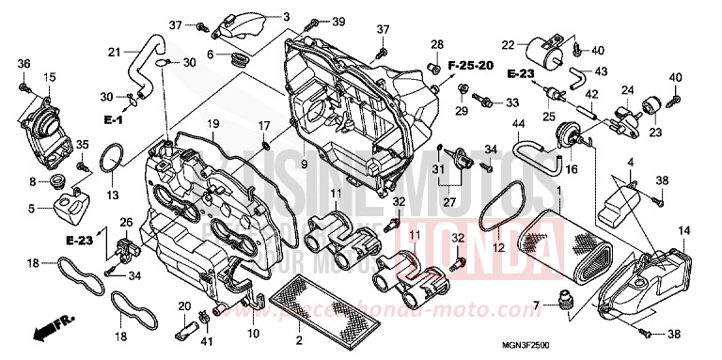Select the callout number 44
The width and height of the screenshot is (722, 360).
tap(518, 123)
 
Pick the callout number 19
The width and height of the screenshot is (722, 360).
tap(213, 124)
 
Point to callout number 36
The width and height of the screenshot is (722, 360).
tap(24, 63)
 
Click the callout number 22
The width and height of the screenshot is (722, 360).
tap(508, 44)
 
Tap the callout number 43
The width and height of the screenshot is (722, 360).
tap(601, 71)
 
